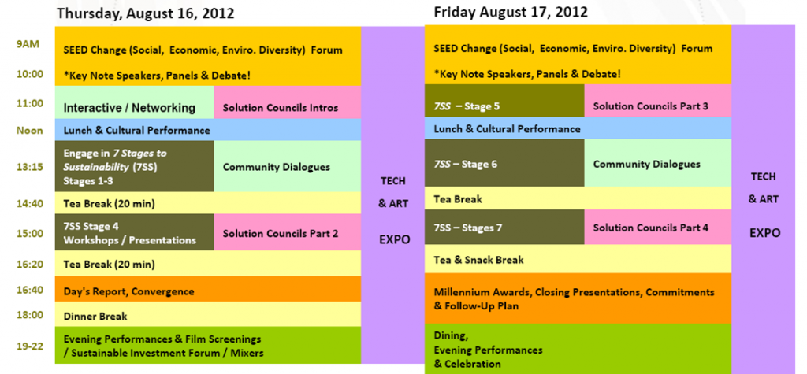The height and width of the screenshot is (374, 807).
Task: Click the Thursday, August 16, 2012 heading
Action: coord(146,13)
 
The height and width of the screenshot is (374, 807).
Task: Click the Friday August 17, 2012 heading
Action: coord(511,11)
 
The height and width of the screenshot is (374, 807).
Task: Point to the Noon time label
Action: coord(30,131)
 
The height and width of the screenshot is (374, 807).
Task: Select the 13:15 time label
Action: coord(29,167)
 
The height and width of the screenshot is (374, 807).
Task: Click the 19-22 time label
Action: coord(29,346)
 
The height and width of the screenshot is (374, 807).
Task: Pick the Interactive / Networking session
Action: coord(134,102)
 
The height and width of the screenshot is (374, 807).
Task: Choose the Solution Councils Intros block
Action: coord(287,102)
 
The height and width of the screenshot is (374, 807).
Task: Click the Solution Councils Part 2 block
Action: coord(287,232)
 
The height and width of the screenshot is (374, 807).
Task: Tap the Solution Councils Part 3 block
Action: coord(658,101)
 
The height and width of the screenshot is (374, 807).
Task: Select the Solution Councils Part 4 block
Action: coord(658,227)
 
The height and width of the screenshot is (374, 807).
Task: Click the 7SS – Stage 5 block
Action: coord(504,101)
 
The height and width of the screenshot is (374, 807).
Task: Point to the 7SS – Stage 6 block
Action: coord(504,162)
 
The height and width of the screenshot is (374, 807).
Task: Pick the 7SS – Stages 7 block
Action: coord(504,227)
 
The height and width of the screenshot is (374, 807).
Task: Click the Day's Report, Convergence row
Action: coord(208,289)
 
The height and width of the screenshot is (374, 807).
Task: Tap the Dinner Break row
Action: coord(208,314)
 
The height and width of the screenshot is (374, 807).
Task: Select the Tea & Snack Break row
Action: coord(578,259)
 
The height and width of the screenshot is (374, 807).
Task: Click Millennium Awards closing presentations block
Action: coord(578,298)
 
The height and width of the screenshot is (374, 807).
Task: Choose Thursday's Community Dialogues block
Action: coord(287,166)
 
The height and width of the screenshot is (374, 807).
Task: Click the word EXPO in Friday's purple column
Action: coord(764,232)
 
